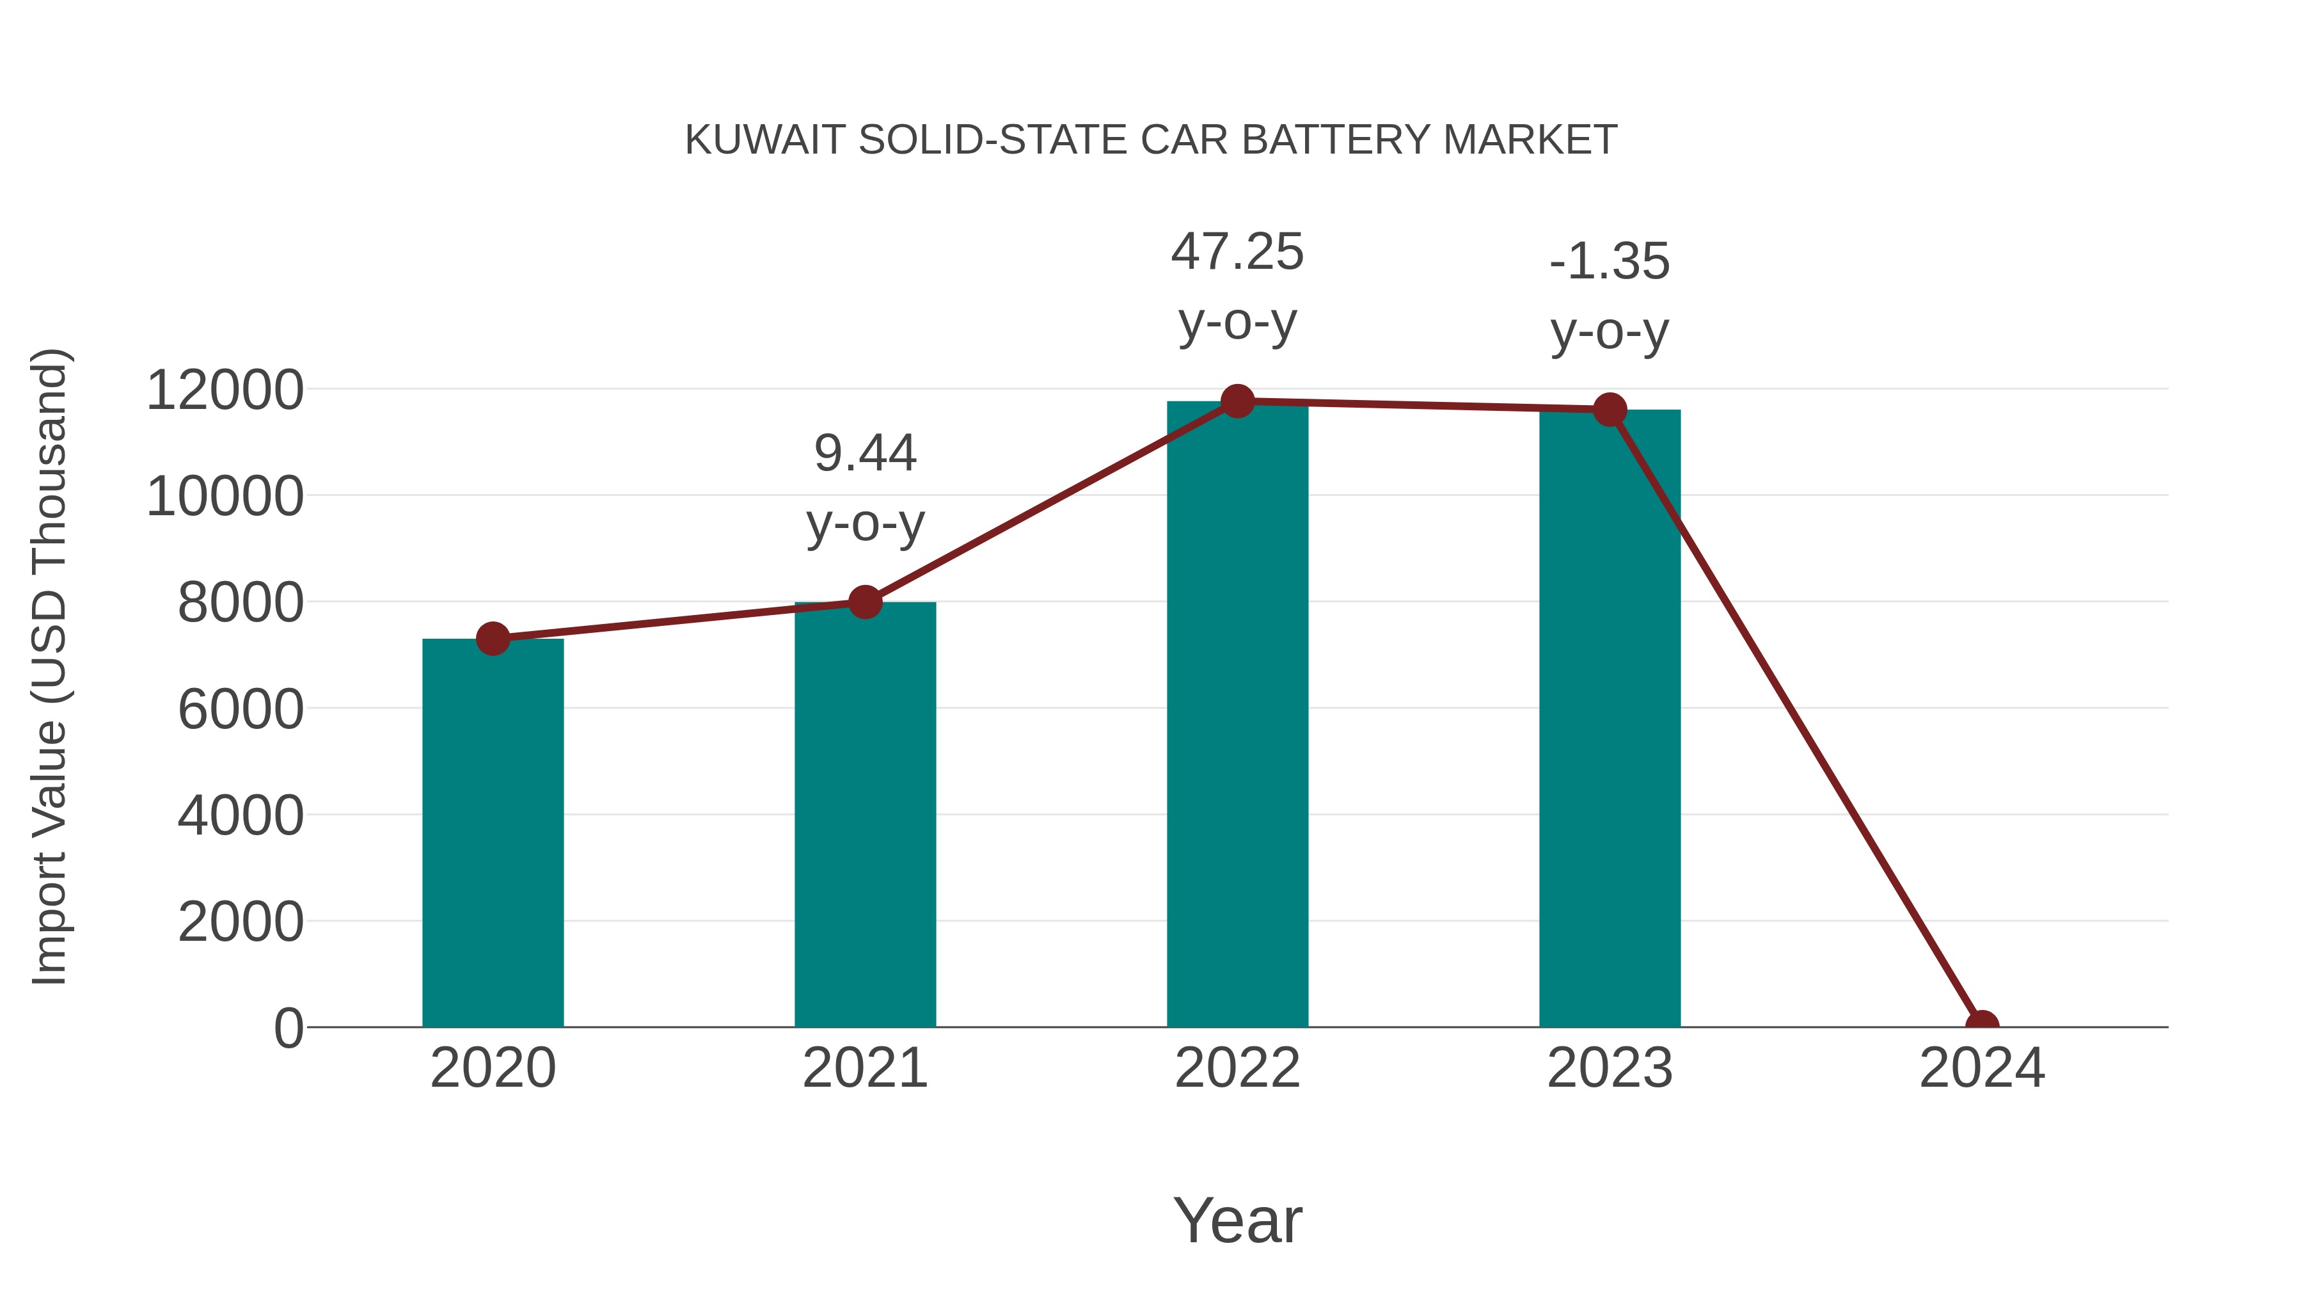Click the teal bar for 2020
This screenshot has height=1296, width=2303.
493,832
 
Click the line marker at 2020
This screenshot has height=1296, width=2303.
493,639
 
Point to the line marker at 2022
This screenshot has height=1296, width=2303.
1237,401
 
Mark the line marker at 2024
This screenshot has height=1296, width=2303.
1982,1025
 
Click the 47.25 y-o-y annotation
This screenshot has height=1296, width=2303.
1237,286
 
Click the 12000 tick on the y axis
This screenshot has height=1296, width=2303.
225,391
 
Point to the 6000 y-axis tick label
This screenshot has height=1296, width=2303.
241,710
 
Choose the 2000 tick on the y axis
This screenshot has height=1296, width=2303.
241,922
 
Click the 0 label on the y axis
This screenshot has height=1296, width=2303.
289,1028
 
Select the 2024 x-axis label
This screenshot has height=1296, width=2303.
1982,1068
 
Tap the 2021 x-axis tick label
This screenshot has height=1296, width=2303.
864,1068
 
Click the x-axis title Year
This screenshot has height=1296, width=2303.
1237,1220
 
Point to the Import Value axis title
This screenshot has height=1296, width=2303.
49,666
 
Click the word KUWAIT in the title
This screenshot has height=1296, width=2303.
764,140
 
